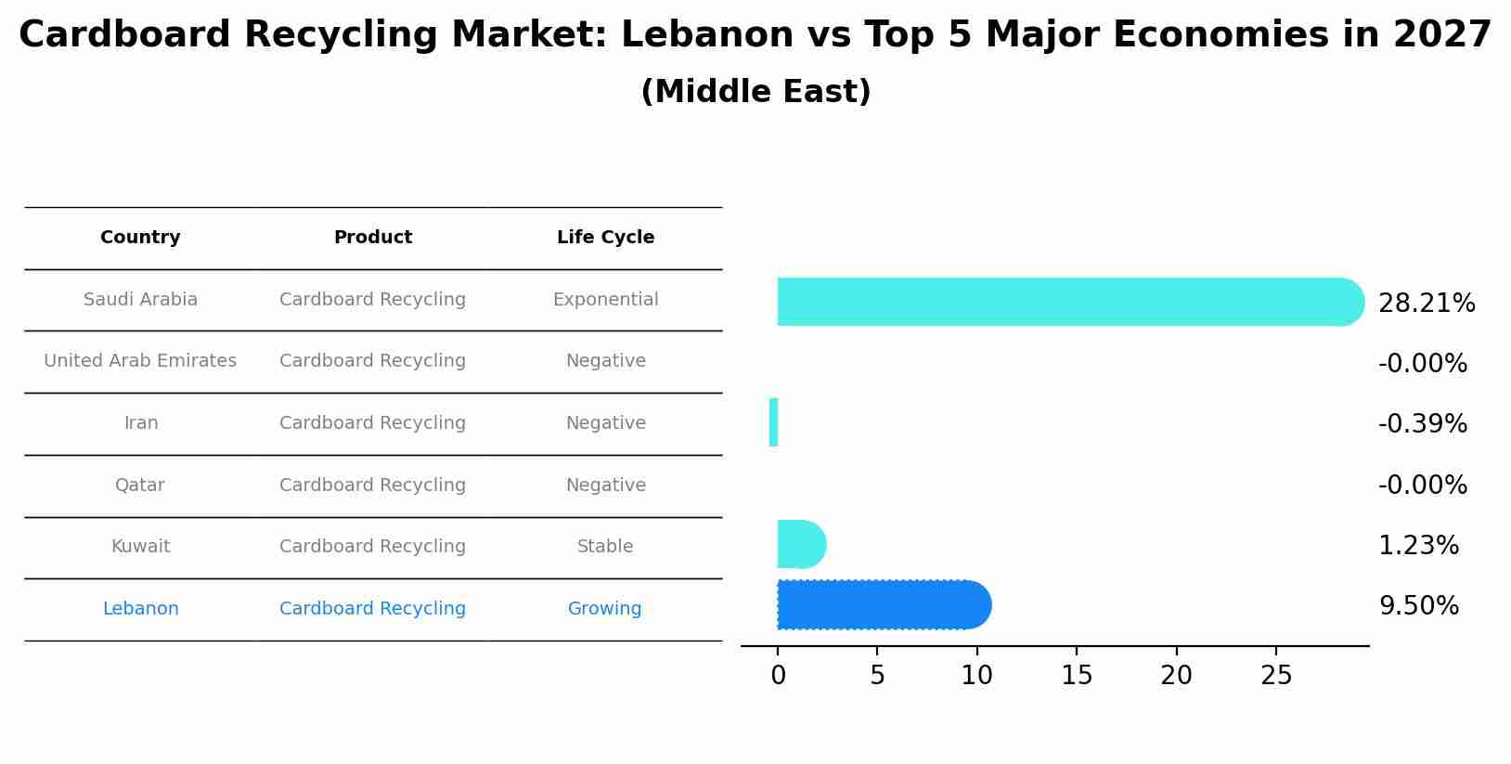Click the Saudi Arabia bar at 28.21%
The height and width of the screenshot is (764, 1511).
1067,302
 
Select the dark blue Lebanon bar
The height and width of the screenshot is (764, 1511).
882,605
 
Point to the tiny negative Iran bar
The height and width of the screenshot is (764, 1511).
773,422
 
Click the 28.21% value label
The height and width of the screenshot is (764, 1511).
1426,304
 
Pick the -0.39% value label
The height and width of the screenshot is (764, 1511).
1422,424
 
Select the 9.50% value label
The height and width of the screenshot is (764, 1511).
1418,606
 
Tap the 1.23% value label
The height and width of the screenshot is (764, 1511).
1418,546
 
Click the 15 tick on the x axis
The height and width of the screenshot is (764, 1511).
1077,676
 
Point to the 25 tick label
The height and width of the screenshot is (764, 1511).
1276,676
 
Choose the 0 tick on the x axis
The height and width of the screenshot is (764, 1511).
778,676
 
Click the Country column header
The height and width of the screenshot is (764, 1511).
140,238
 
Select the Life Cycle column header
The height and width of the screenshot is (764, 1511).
605,238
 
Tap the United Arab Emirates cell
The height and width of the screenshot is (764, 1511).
140,361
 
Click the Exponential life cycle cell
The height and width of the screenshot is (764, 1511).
605,300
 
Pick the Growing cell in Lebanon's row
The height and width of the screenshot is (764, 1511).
604,609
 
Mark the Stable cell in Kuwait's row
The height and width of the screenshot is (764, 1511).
605,547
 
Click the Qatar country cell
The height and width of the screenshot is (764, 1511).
140,486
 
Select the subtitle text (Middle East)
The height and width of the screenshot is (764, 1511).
755,92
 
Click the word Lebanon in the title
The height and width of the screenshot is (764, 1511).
685,35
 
